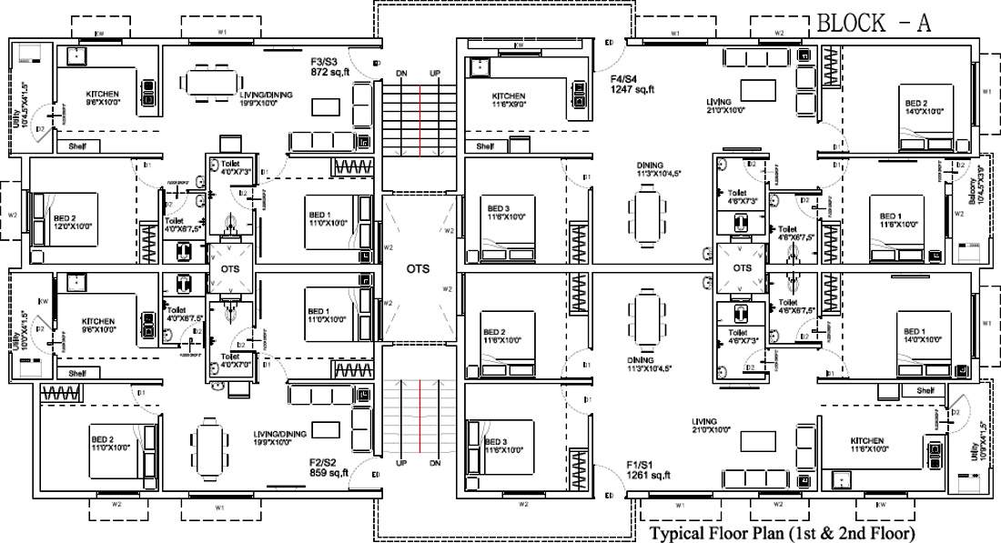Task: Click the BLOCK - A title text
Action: click(x=874, y=24)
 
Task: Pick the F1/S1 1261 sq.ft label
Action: click(x=648, y=470)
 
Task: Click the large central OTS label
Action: click(x=420, y=269)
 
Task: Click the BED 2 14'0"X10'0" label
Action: click(x=915, y=106)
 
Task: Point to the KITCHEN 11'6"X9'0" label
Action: click(x=509, y=101)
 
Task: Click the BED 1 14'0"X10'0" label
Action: click(x=914, y=336)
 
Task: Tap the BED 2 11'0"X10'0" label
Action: click(x=108, y=444)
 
